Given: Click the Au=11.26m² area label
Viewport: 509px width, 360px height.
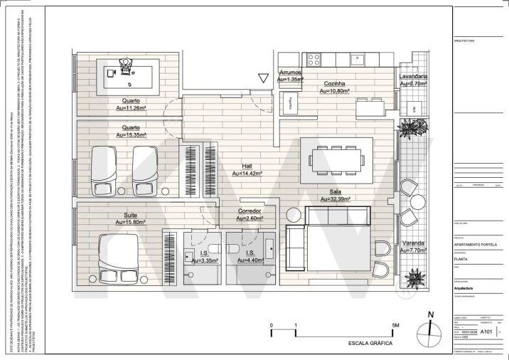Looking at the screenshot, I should click(x=131, y=109).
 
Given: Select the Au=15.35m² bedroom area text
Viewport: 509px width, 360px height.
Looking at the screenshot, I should click(x=131, y=134).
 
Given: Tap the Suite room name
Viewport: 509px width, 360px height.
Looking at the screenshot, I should click(x=130, y=215).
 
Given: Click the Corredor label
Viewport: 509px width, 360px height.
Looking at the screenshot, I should click(x=249, y=211).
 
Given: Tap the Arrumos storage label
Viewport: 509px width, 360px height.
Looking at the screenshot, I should click(x=290, y=73).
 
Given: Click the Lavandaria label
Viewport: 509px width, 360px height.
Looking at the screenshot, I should click(x=412, y=75).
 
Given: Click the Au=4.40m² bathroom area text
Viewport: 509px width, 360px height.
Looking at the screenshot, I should click(x=250, y=261).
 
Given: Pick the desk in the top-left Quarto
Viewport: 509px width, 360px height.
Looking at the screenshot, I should click(x=125, y=73).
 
